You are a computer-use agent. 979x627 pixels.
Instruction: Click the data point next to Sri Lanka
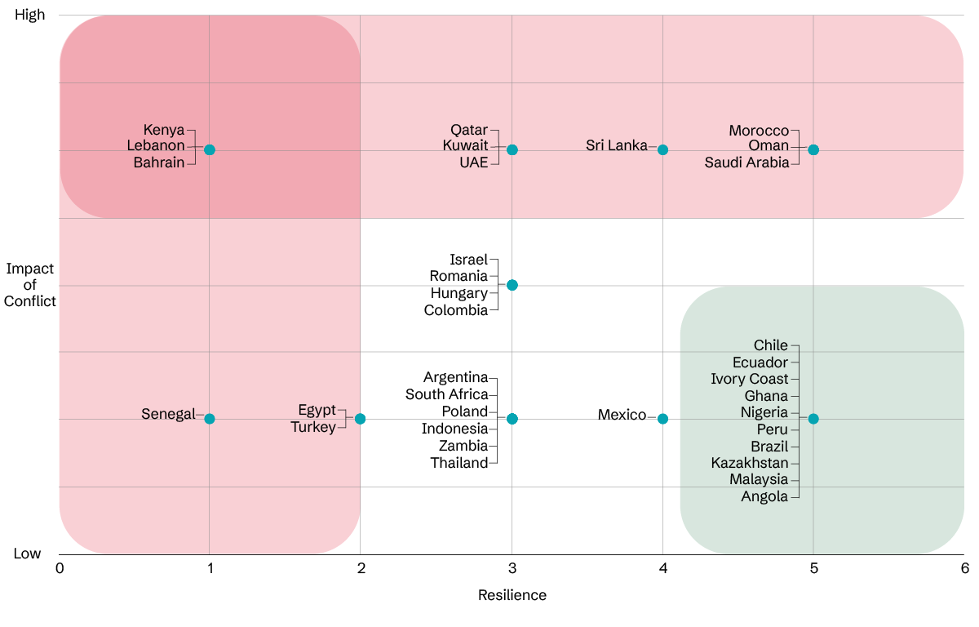pyautogui.click(x=662, y=149)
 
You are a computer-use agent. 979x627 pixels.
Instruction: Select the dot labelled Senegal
pyautogui.click(x=210, y=419)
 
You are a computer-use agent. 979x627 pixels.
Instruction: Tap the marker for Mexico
pyautogui.click(x=662, y=419)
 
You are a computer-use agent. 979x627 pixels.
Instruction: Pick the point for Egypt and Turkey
pyautogui.click(x=360, y=419)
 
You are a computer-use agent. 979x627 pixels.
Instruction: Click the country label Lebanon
pyautogui.click(x=156, y=146)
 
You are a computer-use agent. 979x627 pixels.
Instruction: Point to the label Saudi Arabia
pyautogui.click(x=747, y=162)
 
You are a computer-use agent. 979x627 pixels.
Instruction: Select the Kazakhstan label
pyautogui.click(x=750, y=463)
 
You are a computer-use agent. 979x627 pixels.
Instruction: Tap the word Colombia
pyautogui.click(x=456, y=310)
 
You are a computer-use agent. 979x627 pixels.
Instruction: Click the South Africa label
pyautogui.click(x=446, y=394)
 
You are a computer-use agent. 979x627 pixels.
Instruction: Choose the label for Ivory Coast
pyautogui.click(x=750, y=379)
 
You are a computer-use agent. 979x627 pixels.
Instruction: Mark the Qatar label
pyautogui.click(x=469, y=130)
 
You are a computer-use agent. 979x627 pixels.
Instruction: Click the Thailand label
pyautogui.click(x=459, y=463)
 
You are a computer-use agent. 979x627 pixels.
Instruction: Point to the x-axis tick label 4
pyautogui.click(x=662, y=567)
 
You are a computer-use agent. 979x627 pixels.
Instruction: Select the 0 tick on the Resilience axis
pyautogui.click(x=60, y=567)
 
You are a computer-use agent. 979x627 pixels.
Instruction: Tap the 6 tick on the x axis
pyautogui.click(x=963, y=567)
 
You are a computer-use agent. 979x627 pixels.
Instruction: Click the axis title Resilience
pyautogui.click(x=512, y=595)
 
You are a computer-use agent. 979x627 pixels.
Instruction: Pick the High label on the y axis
pyautogui.click(x=30, y=16)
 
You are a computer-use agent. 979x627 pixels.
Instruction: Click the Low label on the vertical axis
pyautogui.click(x=27, y=554)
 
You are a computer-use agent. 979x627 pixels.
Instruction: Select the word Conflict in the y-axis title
pyautogui.click(x=30, y=301)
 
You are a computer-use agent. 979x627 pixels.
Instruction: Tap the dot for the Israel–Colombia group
pyautogui.click(x=512, y=285)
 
